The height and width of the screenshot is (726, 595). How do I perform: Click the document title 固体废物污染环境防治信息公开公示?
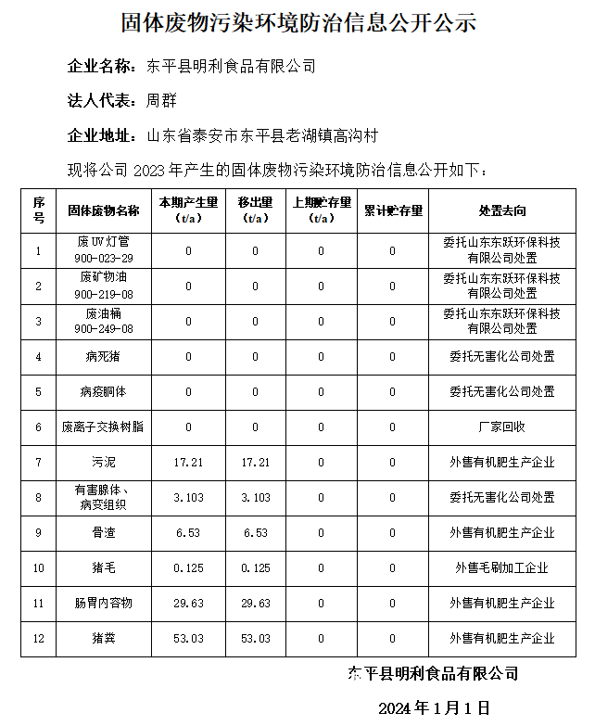click(298, 22)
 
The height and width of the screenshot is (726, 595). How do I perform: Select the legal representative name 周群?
click(161, 100)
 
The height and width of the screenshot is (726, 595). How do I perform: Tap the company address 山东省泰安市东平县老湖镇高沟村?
click(262, 135)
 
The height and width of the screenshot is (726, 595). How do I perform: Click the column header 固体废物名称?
click(104, 210)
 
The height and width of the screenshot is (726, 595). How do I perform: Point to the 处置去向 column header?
click(501, 210)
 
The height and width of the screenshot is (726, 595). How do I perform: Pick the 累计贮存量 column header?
click(393, 210)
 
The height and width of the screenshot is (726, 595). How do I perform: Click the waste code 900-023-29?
click(104, 259)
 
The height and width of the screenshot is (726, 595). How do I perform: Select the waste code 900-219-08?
click(104, 294)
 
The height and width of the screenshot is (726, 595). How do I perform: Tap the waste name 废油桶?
click(104, 314)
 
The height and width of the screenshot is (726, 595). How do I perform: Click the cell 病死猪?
click(104, 356)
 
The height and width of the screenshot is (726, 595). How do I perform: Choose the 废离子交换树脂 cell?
click(104, 427)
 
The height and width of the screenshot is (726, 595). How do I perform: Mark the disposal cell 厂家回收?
click(501, 427)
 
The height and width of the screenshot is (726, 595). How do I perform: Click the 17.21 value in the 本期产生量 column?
click(188, 462)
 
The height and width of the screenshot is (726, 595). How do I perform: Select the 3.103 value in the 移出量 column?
click(256, 498)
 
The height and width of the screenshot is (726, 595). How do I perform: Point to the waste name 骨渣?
click(104, 533)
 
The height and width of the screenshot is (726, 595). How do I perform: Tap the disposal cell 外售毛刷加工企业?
click(501, 568)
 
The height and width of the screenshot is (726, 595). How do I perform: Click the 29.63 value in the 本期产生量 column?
click(188, 604)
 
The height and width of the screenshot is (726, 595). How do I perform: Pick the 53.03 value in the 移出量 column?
click(256, 639)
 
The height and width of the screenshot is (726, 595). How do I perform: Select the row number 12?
click(39, 639)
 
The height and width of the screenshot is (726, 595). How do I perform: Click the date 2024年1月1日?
click(434, 709)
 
